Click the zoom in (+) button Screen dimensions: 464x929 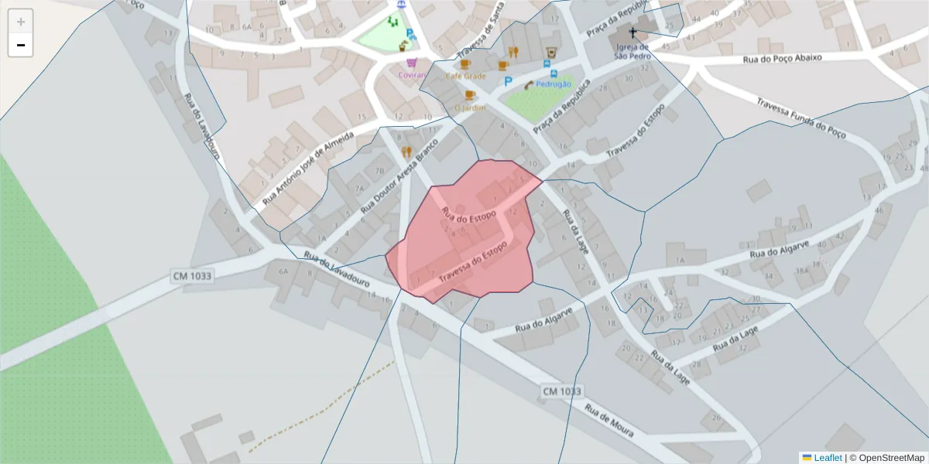point(21,22)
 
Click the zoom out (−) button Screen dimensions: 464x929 point(21,46)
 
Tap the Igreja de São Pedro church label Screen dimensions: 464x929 point(632,51)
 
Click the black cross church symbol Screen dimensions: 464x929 point(632,33)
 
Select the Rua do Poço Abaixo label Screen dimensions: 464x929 point(781,58)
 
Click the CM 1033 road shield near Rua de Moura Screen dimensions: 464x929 point(561,392)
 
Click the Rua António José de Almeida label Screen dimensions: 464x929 point(307,168)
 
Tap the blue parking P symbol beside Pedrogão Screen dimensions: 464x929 point(508,81)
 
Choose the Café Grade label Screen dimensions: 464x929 point(465,76)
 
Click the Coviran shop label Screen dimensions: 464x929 point(413,75)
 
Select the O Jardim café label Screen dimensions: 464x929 point(470,107)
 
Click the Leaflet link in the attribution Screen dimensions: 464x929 point(827,458)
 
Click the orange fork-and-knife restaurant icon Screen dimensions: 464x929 point(406,152)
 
